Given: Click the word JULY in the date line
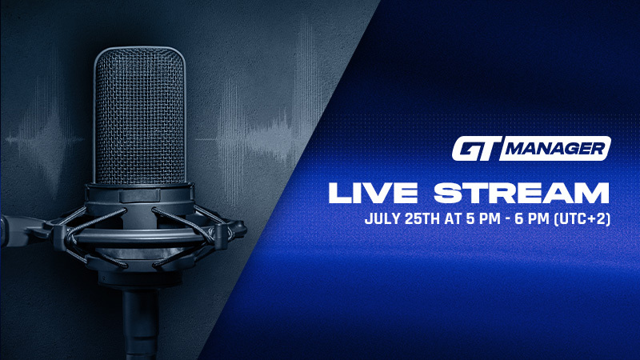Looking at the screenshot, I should (x=382, y=218).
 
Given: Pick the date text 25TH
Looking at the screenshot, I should (x=420, y=218).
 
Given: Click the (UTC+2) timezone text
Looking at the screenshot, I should (x=580, y=218).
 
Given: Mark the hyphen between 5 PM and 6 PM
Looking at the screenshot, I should (x=498, y=218).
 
